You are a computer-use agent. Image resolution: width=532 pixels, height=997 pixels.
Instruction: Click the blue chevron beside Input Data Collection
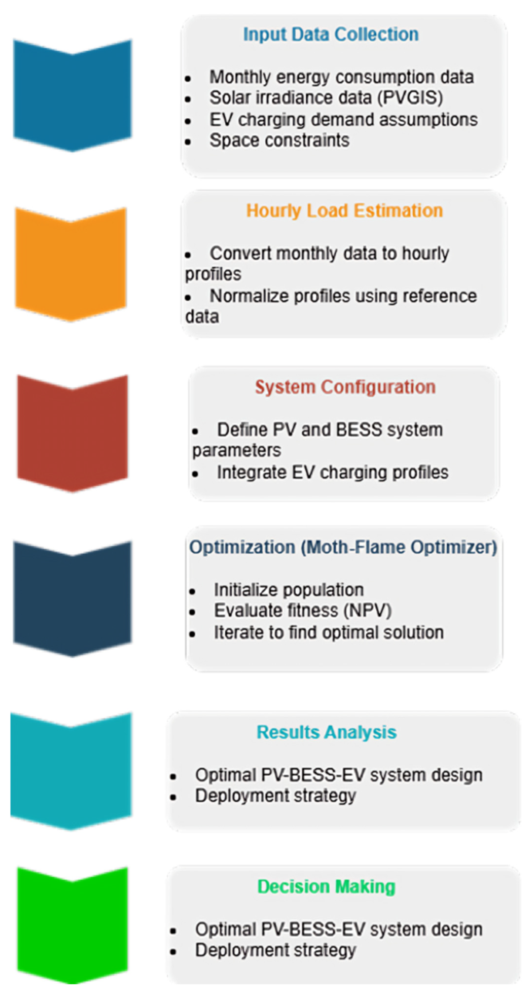(x=72, y=95)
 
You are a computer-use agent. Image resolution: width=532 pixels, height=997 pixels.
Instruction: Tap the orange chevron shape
(x=71, y=264)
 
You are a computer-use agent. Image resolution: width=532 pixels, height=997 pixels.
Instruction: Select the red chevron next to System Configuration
(x=72, y=433)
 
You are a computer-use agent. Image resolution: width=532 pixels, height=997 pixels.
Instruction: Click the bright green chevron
(x=72, y=925)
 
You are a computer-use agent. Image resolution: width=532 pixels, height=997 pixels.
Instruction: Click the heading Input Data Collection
(x=331, y=35)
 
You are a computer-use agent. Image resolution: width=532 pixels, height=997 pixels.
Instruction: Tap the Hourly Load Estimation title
(x=344, y=211)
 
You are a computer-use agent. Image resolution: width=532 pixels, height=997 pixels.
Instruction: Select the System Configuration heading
(x=345, y=387)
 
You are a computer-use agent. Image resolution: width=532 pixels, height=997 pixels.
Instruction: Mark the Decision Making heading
(x=326, y=886)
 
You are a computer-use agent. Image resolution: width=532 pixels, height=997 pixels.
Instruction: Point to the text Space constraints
(x=279, y=140)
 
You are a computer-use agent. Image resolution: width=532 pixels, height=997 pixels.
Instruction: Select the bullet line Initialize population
(x=289, y=590)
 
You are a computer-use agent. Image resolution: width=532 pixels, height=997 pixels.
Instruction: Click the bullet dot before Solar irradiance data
(x=188, y=99)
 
